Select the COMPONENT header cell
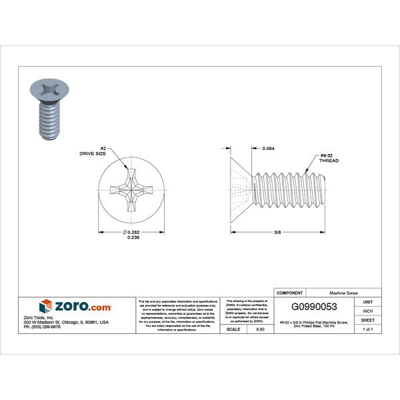point(289,292)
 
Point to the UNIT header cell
point(367,301)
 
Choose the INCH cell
point(367,311)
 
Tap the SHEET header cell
point(367,320)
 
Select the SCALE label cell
point(233,329)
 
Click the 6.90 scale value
point(259,329)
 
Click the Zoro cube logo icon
point(45,306)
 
